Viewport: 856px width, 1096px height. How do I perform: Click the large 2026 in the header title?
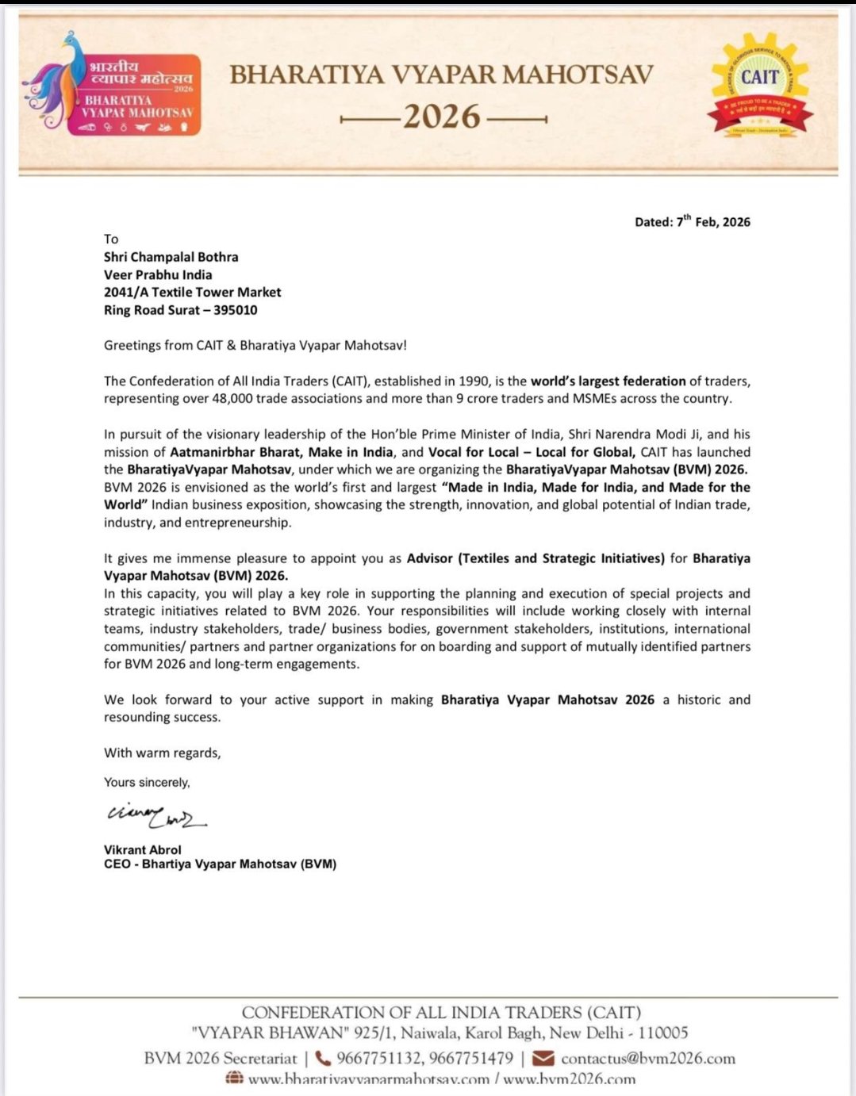click(442, 117)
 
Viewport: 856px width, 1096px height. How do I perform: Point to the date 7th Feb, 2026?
click(713, 222)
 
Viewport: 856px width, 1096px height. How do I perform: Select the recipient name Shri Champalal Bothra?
click(171, 257)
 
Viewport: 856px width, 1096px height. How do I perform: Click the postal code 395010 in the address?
click(235, 310)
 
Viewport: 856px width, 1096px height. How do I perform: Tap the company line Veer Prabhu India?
click(158, 274)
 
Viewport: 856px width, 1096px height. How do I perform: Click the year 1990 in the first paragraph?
click(474, 381)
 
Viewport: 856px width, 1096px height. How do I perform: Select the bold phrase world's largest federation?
click(608, 381)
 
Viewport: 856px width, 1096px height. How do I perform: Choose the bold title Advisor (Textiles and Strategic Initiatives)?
click(535, 558)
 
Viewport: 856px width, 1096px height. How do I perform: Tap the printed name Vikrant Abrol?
click(143, 850)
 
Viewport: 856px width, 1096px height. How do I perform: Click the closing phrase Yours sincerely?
click(147, 783)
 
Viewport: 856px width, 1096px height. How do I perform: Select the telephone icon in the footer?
click(323, 1058)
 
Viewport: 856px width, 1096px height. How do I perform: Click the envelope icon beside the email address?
click(543, 1058)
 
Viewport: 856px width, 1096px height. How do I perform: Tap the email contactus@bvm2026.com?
click(648, 1059)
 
